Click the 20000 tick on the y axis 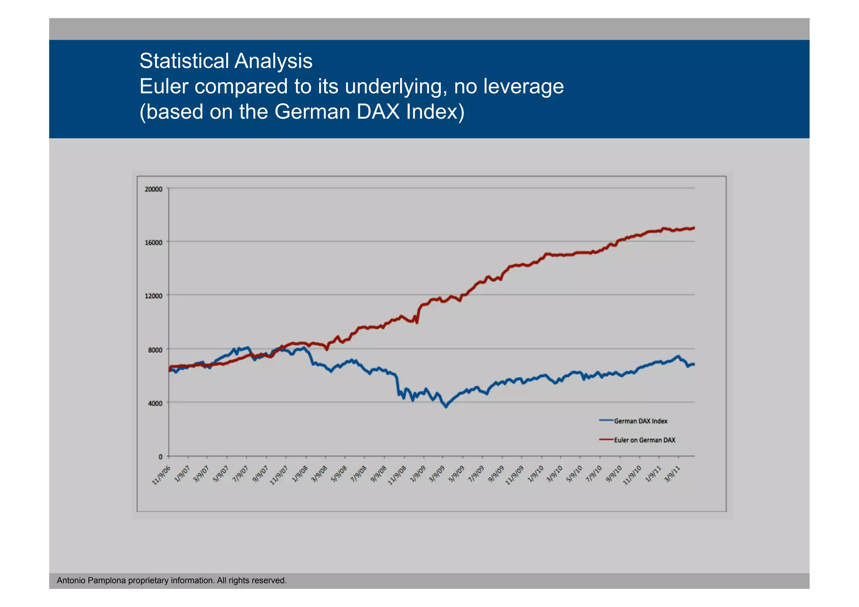[x=154, y=189]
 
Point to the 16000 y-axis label [x=154, y=242]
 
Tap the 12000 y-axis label [x=154, y=296]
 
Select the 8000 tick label [x=155, y=350]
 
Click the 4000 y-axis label [x=155, y=403]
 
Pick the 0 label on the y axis [x=160, y=457]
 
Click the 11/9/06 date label [x=161, y=475]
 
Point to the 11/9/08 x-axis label [x=397, y=475]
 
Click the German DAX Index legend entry [x=640, y=421]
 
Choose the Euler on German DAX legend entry [x=644, y=440]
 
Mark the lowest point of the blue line [x=446, y=407]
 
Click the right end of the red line [x=694, y=228]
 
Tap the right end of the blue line [x=694, y=364]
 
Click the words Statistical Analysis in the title [x=226, y=61]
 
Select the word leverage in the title [x=523, y=87]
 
